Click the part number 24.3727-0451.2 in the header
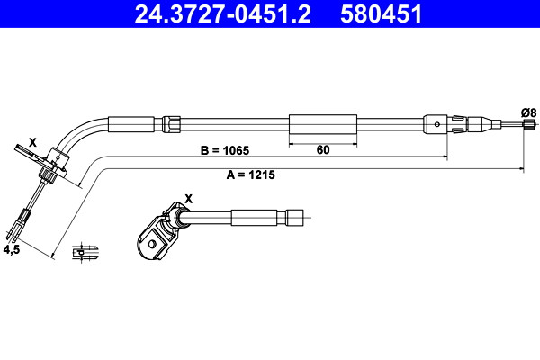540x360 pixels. click(x=222, y=14)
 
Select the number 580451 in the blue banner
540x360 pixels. click(x=381, y=14)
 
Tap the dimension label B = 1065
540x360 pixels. click(x=224, y=150)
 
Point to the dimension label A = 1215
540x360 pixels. click(x=251, y=175)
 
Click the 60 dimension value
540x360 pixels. click(x=323, y=150)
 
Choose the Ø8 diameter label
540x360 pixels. click(x=528, y=112)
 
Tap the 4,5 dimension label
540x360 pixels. click(x=12, y=249)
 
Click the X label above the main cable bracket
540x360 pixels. click(x=32, y=142)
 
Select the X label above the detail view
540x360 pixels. click(x=189, y=199)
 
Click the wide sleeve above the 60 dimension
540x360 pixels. click(x=323, y=124)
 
